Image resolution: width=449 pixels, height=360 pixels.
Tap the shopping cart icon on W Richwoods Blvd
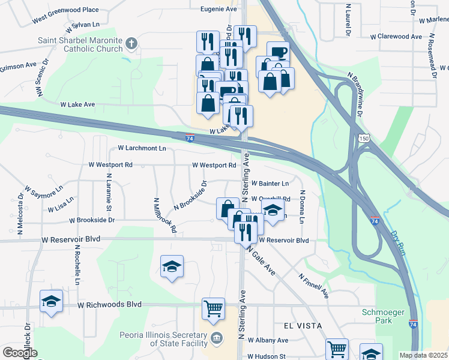[214, 308]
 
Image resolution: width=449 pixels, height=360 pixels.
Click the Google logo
[20, 353]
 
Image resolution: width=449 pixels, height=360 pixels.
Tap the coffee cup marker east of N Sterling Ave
[277, 52]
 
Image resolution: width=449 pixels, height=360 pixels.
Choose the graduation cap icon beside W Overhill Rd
[273, 211]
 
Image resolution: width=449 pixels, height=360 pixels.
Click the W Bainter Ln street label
[270, 183]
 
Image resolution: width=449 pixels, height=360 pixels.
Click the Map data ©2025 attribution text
[423, 355]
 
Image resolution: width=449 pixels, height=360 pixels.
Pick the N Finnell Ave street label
[314, 286]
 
